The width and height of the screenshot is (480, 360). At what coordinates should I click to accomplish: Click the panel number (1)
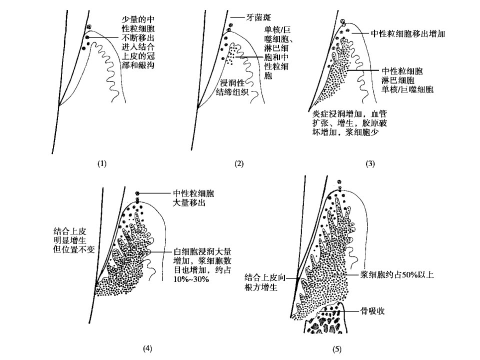102,163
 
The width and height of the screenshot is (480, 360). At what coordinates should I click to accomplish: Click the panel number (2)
239,163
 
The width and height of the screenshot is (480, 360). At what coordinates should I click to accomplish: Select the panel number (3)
370,163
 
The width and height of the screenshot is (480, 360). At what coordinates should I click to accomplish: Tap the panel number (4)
147,348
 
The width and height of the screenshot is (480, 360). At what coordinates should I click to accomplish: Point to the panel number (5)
336,349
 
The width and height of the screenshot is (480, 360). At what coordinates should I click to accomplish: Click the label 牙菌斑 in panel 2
258,17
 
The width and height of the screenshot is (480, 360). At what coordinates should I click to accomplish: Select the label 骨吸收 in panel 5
372,311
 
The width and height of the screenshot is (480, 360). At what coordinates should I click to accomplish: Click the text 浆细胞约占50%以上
397,274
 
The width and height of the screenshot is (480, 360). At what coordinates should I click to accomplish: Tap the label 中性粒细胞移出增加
408,33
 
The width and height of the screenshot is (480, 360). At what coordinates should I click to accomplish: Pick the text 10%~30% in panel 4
191,279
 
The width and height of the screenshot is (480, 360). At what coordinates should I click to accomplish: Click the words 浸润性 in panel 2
232,82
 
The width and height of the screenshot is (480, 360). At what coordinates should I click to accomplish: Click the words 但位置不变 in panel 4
74,249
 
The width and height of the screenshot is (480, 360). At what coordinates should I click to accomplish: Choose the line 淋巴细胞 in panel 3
398,80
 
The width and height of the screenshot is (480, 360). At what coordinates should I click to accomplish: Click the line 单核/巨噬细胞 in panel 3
407,89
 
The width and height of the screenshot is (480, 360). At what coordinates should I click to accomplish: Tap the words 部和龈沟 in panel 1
138,65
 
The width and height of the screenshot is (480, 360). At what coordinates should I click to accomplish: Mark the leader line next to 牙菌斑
237,17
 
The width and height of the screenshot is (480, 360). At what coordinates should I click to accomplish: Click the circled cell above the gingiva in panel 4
137,193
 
